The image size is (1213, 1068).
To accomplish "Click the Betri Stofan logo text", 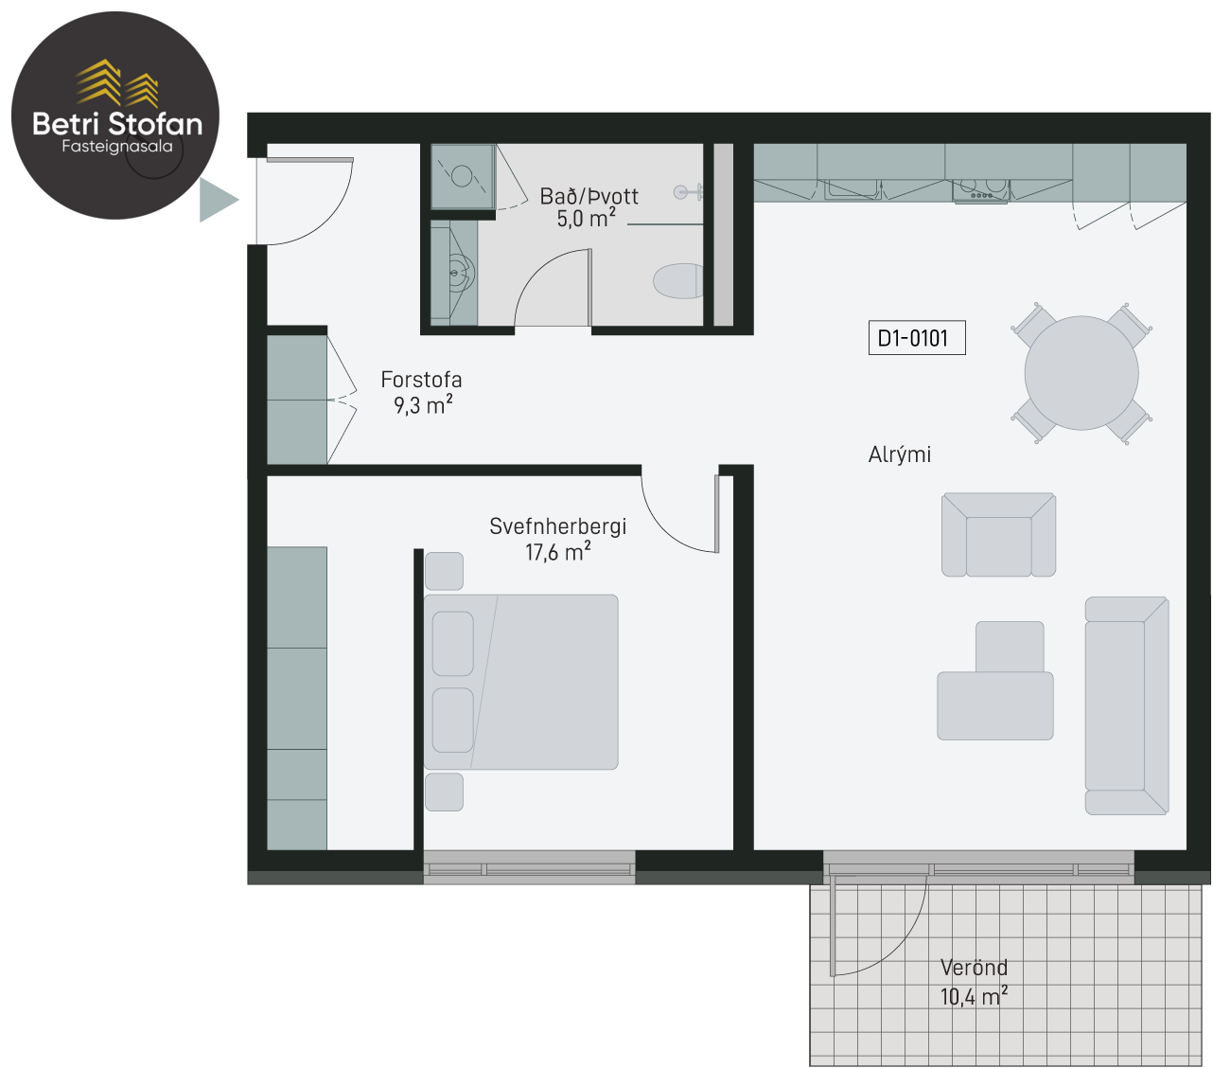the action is tap(117, 123).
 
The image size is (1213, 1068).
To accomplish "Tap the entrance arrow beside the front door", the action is tap(218, 200).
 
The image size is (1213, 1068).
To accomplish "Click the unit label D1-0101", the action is tap(917, 338).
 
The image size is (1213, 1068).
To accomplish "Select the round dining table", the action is tap(1081, 373).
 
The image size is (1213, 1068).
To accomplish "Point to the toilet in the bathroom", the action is tap(677, 280).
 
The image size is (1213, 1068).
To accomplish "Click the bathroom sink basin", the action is tap(461, 274).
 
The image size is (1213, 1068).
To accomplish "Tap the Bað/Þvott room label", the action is tap(589, 196).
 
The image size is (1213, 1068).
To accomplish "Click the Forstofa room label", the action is tap(421, 380).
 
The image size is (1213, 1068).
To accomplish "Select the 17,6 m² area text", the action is tap(558, 552).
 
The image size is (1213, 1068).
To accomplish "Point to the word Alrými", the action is tap(900, 454).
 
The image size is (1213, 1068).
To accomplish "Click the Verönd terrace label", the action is tap(974, 968).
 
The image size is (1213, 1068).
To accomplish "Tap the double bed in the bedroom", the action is tap(521, 682).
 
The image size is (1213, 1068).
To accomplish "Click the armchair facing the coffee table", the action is tap(998, 535).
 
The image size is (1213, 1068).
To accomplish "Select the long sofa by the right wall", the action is tap(1127, 706).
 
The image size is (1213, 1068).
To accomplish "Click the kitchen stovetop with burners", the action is tap(981, 191).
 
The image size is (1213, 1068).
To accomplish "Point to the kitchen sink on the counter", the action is tap(853, 188).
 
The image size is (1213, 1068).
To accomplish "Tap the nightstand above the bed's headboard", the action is tap(444, 571).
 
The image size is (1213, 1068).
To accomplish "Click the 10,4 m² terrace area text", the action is tap(975, 997).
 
